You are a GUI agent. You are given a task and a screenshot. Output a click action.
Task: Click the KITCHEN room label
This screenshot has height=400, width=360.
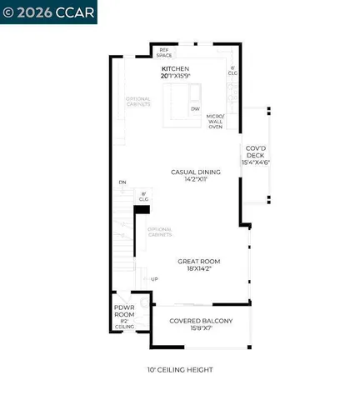click(176, 68)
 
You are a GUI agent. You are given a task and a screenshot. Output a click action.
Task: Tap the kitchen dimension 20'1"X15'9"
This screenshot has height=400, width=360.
click(176, 76)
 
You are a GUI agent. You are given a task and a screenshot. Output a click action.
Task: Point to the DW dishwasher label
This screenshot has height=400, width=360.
click(194, 108)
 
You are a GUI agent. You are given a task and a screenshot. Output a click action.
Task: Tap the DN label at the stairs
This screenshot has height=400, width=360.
click(122, 182)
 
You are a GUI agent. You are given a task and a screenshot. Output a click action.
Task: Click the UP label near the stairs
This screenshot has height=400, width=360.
click(153, 278)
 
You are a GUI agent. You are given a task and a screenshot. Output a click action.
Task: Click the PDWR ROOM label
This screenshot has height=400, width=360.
click(124, 311)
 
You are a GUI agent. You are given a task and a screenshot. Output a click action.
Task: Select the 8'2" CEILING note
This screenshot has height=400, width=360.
click(124, 324)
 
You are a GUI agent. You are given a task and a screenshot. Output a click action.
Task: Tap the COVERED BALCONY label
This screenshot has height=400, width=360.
click(200, 321)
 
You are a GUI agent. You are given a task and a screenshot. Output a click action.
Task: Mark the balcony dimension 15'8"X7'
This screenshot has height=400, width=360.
click(200, 328)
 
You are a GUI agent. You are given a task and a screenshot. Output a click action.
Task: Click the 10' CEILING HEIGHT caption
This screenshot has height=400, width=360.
click(179, 369)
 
